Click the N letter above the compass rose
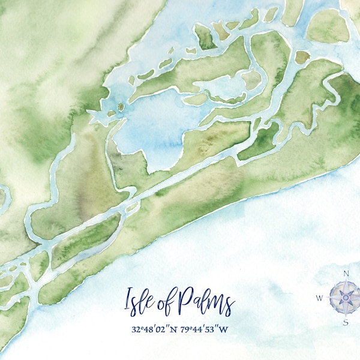[x=346, y=273]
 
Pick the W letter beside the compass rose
[x=319, y=297]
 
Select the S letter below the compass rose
[x=346, y=322]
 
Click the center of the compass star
[x=346, y=297]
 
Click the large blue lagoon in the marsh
[x=150, y=132]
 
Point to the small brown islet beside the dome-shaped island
[x=302, y=57]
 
